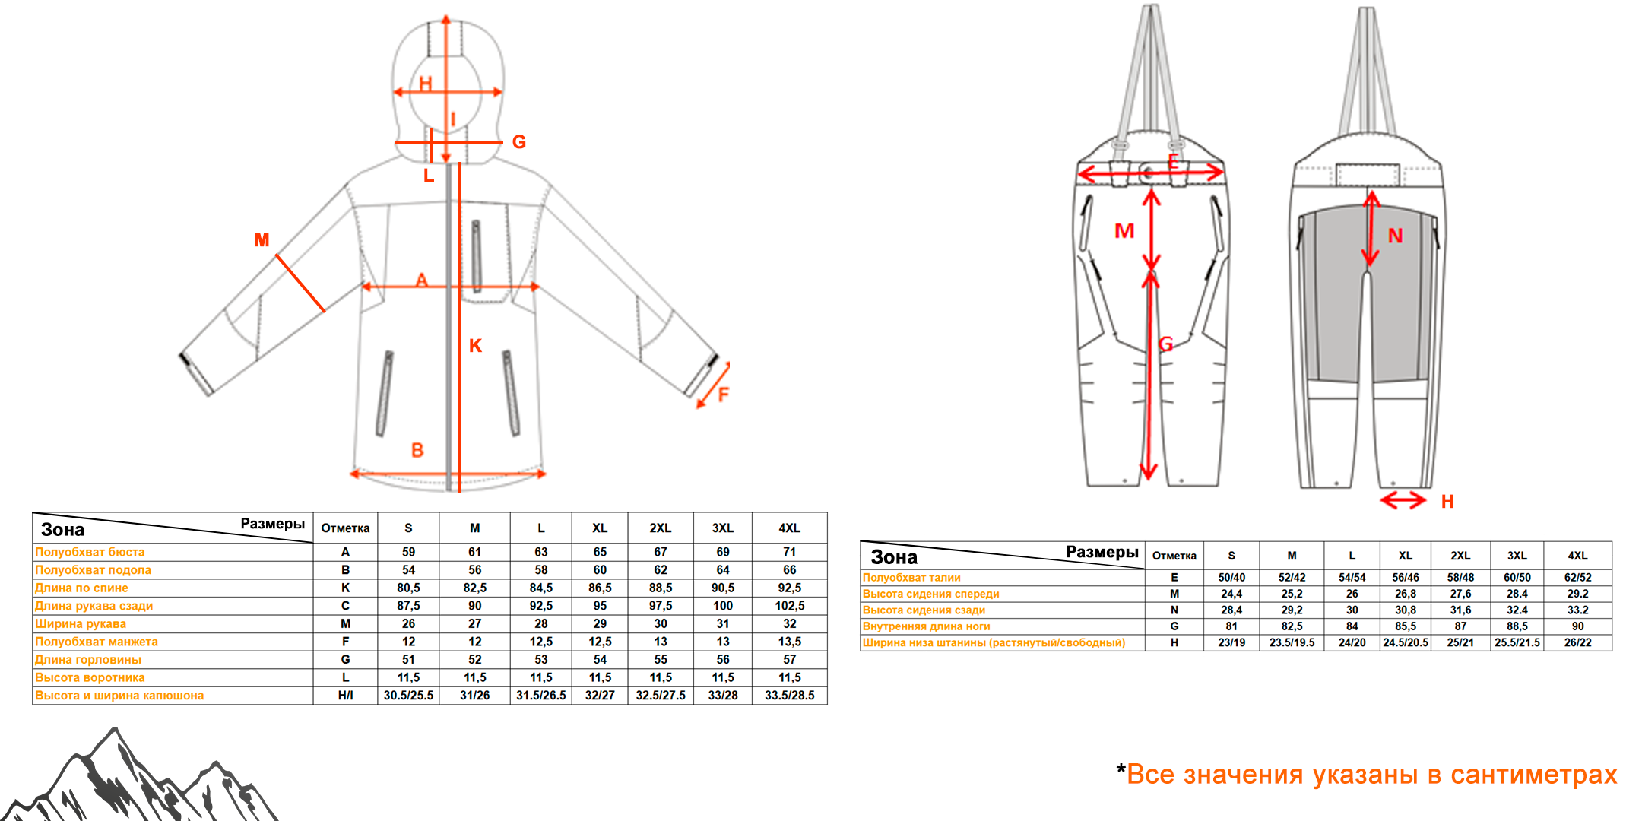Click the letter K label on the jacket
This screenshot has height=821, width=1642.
475,346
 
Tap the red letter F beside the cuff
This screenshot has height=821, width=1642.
723,395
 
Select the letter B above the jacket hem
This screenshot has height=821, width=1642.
417,450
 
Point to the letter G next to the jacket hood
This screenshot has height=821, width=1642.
519,142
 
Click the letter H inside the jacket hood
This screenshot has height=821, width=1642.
426,84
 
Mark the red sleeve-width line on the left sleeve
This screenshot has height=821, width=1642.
300,283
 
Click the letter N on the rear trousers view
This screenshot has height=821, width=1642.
1395,236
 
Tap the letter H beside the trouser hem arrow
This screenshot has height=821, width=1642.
1447,502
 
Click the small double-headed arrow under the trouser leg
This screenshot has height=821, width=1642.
1403,500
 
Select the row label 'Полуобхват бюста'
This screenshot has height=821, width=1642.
90,552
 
